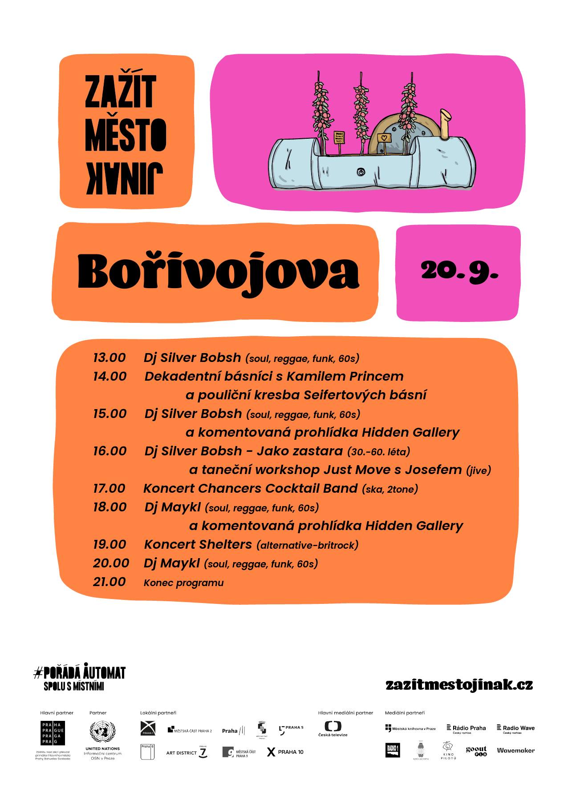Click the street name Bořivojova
[218, 272]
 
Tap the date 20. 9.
[459, 270]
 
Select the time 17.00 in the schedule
[109, 488]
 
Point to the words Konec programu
[183, 583]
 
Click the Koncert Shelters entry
[198, 544]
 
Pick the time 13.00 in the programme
[110, 358]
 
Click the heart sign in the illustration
[384, 138]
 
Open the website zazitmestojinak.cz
[459, 684]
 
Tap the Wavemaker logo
[515, 750]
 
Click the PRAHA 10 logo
[285, 752]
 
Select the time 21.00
[110, 582]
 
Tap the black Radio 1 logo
[392, 750]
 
